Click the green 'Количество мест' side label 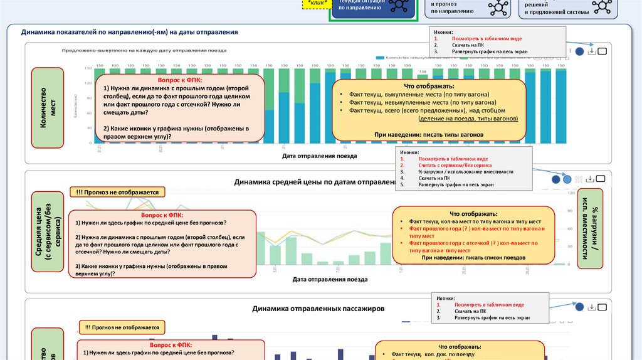tap(48, 107)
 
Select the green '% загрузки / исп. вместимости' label tap(591, 228)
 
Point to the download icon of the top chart tap(591, 51)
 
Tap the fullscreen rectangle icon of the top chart tap(602, 51)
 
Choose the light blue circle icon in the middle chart tap(567, 179)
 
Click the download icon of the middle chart tap(590, 179)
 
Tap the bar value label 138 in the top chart tap(423, 71)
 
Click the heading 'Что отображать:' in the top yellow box tap(429, 86)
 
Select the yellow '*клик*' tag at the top tap(315, 4)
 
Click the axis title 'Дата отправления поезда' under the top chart tap(320, 155)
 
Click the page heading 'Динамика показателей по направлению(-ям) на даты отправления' tap(129, 31)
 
